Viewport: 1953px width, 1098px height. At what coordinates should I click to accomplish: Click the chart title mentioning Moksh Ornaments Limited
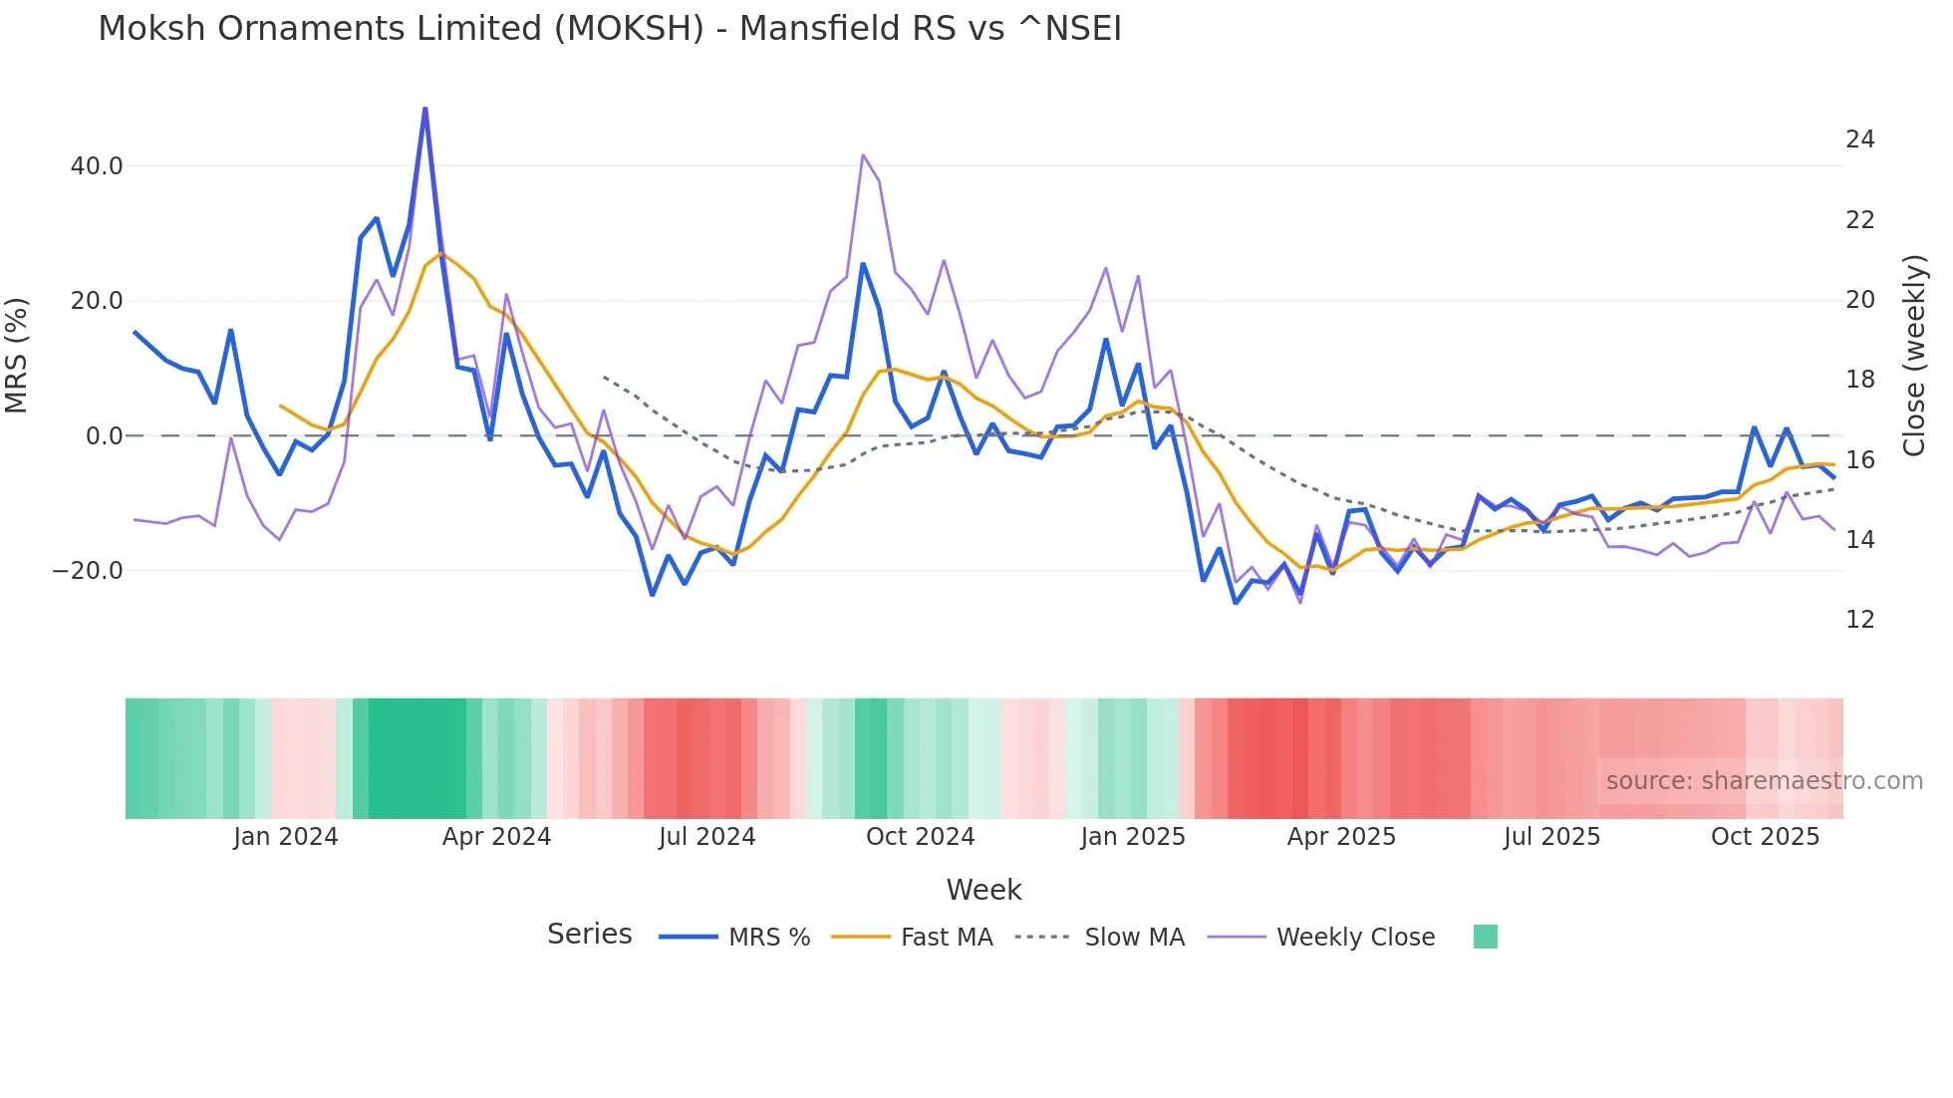610,29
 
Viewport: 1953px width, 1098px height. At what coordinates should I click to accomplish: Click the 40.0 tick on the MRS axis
97,166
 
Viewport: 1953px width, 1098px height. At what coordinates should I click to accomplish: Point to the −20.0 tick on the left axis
88,571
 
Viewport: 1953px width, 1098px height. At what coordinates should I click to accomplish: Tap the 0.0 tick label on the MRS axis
105,436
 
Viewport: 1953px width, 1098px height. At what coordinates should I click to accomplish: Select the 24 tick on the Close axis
1859,139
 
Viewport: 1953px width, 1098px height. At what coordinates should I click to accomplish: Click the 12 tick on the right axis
1859,620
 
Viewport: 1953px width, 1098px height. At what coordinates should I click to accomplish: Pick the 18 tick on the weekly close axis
1859,380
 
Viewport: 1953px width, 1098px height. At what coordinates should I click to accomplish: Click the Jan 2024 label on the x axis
286,837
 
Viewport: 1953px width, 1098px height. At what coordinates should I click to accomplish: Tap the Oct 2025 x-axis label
1765,837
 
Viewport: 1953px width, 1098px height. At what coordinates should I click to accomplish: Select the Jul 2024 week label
706,837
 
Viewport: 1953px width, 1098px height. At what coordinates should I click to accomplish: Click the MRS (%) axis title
17,356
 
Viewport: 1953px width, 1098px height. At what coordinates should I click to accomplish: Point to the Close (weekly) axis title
1914,356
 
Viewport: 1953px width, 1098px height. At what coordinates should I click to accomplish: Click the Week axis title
983,890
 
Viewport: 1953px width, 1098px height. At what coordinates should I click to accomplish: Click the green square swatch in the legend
1485,937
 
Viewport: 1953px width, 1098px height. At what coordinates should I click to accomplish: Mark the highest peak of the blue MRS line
425,109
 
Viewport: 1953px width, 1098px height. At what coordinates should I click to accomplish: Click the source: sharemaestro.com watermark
1764,781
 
